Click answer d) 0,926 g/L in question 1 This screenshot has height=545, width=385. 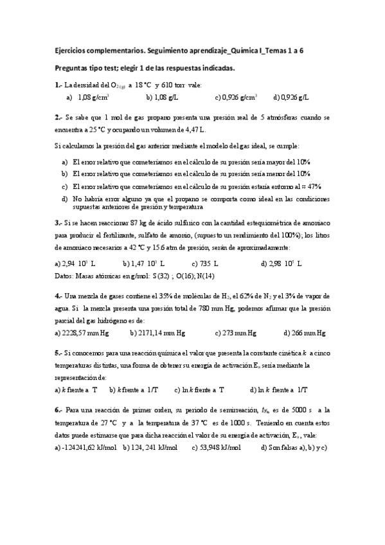(x=291, y=97)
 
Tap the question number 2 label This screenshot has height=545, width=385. (x=58, y=118)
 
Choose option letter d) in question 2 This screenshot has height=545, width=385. (x=64, y=199)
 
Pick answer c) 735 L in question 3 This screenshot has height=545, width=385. (x=205, y=264)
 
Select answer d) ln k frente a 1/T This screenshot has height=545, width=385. (x=278, y=389)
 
